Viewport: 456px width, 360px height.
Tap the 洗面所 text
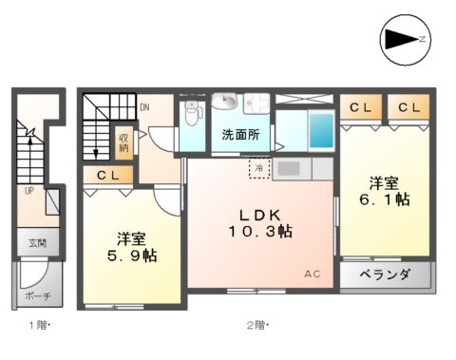click(x=241, y=134)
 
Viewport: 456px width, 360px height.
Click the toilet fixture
click(x=193, y=116)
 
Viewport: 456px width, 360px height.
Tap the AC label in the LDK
click(x=313, y=275)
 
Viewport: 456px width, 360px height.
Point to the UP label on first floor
click(x=28, y=191)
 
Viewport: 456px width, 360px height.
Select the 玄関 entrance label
click(x=36, y=244)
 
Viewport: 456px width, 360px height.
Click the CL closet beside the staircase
click(x=107, y=175)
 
